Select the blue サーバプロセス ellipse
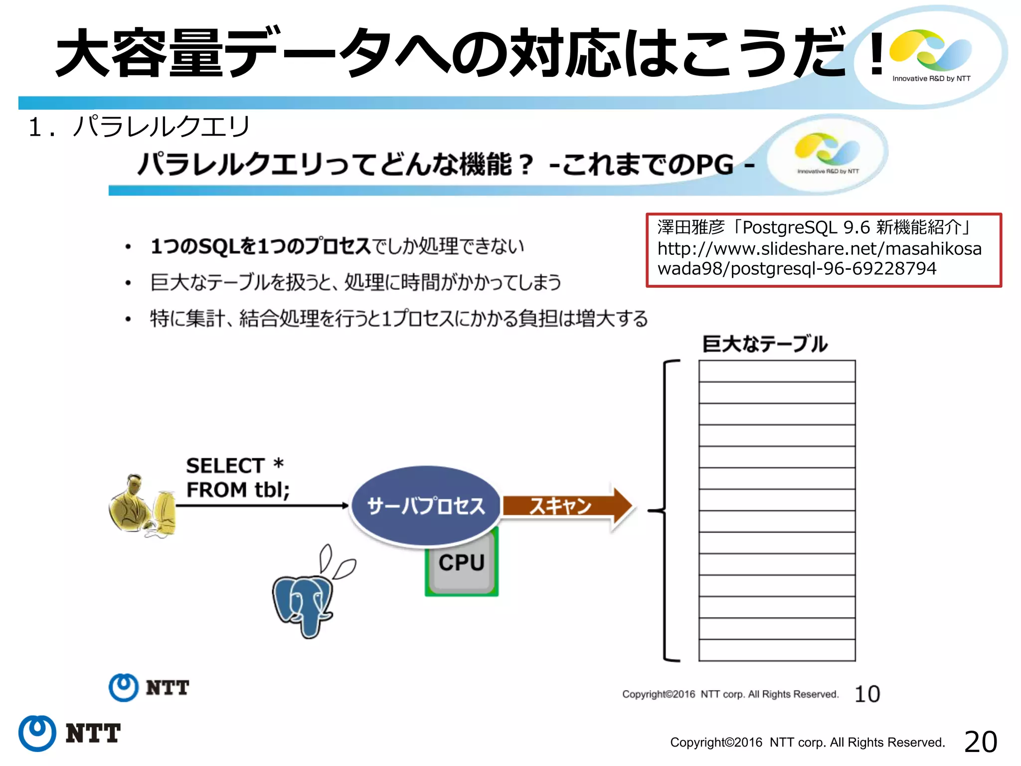(426, 506)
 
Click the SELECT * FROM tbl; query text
(237, 478)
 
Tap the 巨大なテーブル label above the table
(765, 344)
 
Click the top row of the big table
(777, 371)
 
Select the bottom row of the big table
(777, 650)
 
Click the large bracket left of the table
(666, 511)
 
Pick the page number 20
(981, 742)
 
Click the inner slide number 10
(867, 694)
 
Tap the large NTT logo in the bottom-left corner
(69, 733)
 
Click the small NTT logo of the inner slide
(149, 688)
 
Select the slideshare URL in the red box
(819, 258)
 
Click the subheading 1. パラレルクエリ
(139, 127)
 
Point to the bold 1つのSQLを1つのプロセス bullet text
(260, 246)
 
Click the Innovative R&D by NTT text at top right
(931, 78)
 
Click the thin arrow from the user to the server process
(262, 506)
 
